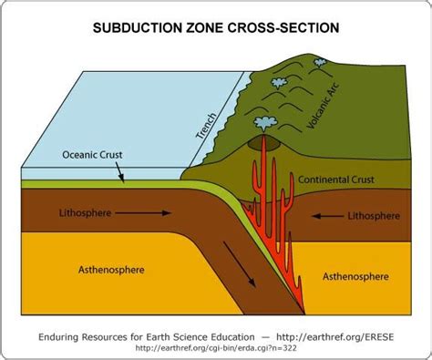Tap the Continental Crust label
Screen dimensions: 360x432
pyautogui.click(x=337, y=180)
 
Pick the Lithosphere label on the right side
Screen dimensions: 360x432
pyautogui.click(x=373, y=216)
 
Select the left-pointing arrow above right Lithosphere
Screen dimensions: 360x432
pyautogui.click(x=327, y=216)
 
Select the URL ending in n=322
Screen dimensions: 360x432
pyautogui.click(x=216, y=347)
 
